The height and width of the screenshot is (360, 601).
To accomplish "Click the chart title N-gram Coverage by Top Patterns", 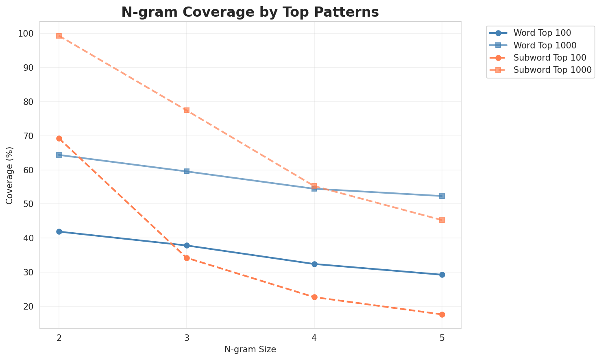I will tap(250, 12).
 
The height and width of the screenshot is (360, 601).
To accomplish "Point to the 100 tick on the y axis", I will tap(27, 34).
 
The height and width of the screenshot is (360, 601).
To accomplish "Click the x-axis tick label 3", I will tap(187, 338).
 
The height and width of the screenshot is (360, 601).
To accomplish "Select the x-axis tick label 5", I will tap(442, 338).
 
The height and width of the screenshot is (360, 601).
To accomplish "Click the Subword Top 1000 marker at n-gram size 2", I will tap(59, 36).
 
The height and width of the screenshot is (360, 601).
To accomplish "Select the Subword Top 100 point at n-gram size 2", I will tap(59, 139).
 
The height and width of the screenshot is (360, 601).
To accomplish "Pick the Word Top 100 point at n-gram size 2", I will tap(59, 231).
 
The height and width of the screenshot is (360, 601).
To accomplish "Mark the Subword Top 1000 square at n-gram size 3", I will tap(187, 110).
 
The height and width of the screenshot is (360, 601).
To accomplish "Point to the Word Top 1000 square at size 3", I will tap(187, 171).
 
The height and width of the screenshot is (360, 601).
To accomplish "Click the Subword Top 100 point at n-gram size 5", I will tap(442, 314).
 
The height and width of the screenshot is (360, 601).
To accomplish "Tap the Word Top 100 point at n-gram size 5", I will tap(442, 275).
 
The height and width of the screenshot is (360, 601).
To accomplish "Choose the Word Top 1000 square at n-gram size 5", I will tap(442, 196).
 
